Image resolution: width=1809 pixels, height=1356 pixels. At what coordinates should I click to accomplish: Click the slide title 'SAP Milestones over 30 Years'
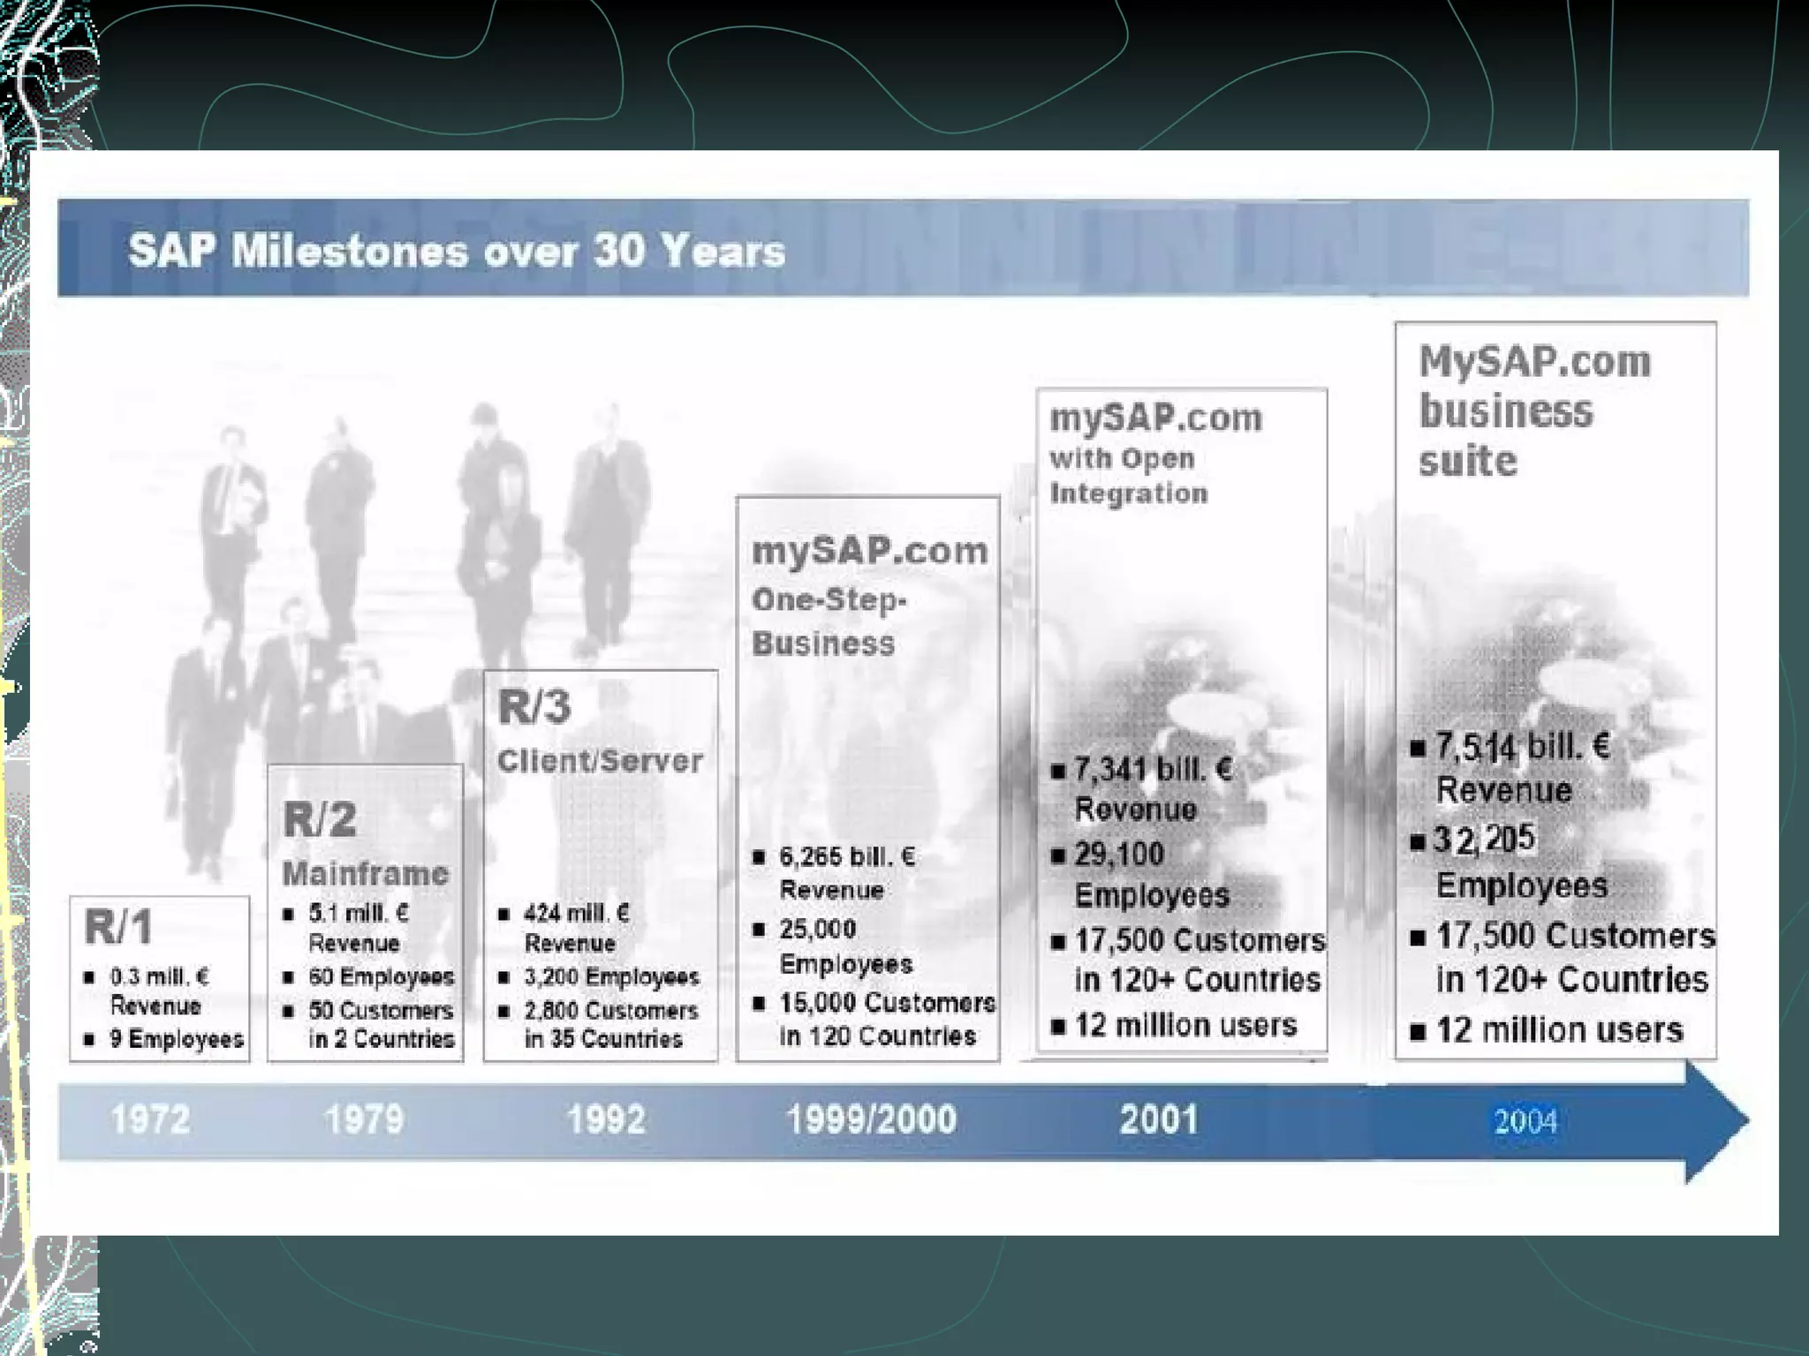[457, 251]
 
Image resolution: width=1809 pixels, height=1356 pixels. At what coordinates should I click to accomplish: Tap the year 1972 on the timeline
[150, 1119]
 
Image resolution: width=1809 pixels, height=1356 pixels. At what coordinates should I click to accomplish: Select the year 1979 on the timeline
[364, 1119]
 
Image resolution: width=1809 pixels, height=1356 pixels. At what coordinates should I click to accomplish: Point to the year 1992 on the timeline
[606, 1119]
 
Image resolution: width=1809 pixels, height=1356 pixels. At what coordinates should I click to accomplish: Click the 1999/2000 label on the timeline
[871, 1119]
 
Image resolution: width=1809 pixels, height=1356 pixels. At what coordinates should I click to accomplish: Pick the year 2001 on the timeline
[1159, 1119]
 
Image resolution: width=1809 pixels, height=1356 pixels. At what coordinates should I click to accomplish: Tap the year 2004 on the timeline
[1525, 1121]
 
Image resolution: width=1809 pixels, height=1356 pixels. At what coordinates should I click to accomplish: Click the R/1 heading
[118, 927]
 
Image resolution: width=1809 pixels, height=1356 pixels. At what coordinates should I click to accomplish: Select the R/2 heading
[320, 819]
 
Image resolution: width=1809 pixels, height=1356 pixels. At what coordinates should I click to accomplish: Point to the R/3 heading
[534, 707]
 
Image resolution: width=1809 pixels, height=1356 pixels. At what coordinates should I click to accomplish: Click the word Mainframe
[366, 874]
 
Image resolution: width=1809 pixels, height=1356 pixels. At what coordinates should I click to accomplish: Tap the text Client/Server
[600, 761]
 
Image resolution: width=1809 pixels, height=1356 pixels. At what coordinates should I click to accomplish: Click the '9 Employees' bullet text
[177, 1039]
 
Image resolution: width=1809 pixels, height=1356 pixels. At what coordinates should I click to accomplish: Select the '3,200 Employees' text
[611, 976]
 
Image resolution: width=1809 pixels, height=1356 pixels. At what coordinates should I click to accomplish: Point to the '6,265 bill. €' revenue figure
[847, 856]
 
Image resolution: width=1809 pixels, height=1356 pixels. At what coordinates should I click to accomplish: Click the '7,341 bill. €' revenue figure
[1153, 770]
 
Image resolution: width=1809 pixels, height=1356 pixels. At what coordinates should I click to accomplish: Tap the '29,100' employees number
[1119, 854]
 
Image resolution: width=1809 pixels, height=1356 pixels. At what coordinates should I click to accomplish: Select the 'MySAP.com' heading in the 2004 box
[1534, 362]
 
